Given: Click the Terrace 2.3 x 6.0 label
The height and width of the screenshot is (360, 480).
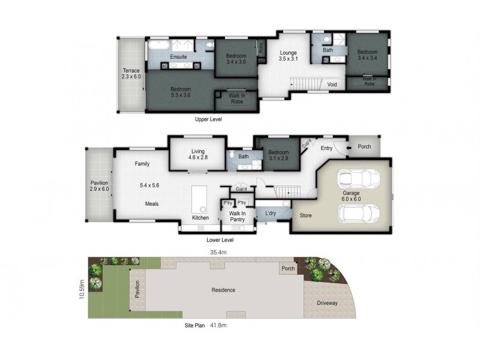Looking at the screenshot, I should pyautogui.click(x=131, y=74).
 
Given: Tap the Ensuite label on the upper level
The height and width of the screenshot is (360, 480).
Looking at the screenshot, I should pyautogui.click(x=178, y=57).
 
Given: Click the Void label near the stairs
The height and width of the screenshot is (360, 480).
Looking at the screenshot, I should pyautogui.click(x=332, y=85).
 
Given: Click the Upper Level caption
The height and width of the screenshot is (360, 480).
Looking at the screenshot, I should pyautogui.click(x=208, y=119).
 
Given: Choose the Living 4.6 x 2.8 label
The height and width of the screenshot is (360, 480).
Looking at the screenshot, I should pyautogui.click(x=198, y=155).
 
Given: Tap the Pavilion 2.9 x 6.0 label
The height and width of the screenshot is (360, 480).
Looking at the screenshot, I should pyautogui.click(x=99, y=185).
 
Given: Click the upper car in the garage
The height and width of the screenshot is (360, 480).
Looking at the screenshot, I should pyautogui.click(x=359, y=179).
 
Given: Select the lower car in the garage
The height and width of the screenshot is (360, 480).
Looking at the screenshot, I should pyautogui.click(x=359, y=213).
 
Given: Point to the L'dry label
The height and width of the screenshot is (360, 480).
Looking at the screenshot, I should pyautogui.click(x=266, y=214).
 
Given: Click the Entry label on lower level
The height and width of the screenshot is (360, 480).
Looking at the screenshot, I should pyautogui.click(x=326, y=148).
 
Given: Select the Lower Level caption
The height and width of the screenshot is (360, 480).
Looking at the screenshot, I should pyautogui.click(x=220, y=240).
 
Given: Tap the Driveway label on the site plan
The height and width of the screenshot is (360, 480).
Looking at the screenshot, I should pyautogui.click(x=327, y=303).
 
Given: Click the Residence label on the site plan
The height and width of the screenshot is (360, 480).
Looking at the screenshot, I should pyautogui.click(x=223, y=290).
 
